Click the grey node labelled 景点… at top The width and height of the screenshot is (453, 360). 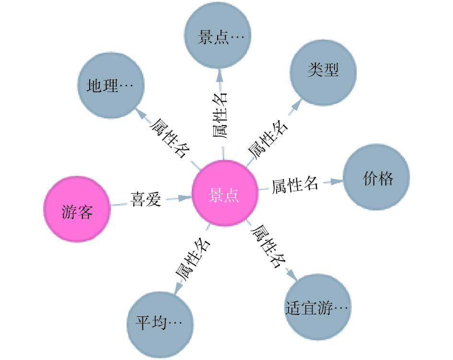218,36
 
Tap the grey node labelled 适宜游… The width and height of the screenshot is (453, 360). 317,306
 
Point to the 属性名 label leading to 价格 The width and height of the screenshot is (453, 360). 295,185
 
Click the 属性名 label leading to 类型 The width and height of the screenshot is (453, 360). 267,139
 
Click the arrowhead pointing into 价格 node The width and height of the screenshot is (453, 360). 339,181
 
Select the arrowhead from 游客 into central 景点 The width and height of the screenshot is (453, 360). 186,197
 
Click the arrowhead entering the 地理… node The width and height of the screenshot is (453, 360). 140,113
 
